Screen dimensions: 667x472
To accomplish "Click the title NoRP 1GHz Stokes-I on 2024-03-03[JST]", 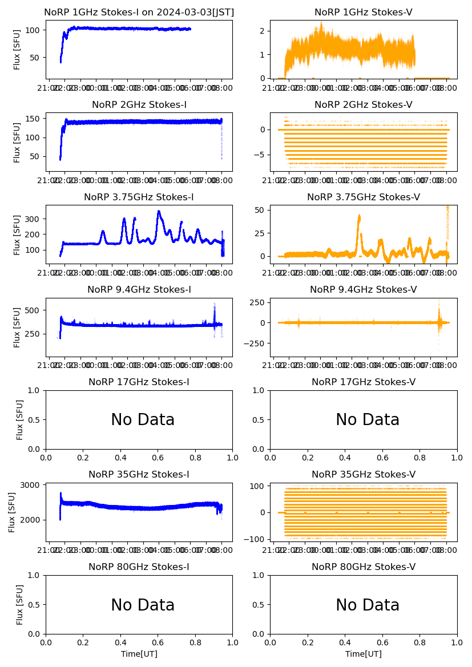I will [x=139, y=13].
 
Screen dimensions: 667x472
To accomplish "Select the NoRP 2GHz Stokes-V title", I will [x=363, y=105].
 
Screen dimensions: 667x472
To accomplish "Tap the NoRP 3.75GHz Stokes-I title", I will [x=139, y=197].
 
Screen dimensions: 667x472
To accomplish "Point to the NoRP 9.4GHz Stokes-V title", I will [x=363, y=290].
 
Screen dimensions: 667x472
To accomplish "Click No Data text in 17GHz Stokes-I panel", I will [x=143, y=420].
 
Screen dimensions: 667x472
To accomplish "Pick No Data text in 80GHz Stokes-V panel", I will [x=368, y=605].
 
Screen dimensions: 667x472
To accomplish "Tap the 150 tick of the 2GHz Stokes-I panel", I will [x=33, y=119].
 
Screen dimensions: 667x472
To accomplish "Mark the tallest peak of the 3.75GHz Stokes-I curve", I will [x=159, y=212].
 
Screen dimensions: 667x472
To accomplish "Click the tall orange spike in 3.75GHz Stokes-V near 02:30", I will [x=359, y=216].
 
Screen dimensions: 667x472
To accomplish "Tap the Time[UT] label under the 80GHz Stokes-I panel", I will [x=139, y=654].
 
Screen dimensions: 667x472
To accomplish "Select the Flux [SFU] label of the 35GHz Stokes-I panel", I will [x=13, y=512].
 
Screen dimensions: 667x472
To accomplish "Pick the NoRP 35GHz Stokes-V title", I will [x=363, y=475].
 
